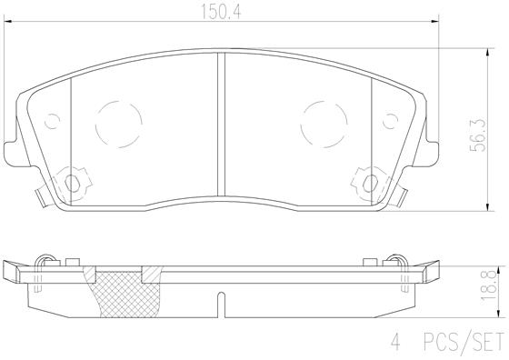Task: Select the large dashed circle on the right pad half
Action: tap(323, 118)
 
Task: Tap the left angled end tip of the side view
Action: tap(11, 271)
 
